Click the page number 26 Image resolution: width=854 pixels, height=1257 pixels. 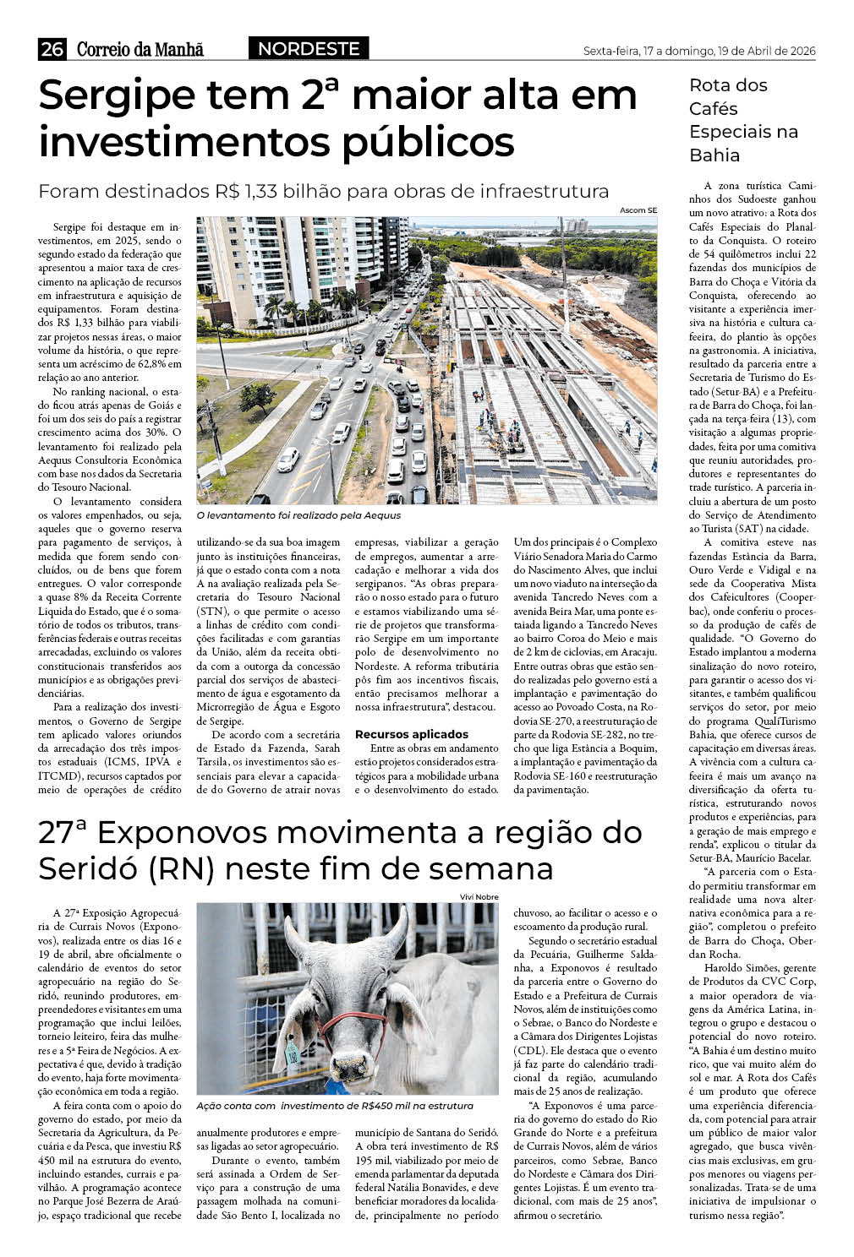point(52,50)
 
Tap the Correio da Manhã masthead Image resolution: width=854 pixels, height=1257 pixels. point(140,50)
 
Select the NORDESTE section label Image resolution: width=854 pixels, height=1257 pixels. point(309,49)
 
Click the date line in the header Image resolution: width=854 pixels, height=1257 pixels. point(699,51)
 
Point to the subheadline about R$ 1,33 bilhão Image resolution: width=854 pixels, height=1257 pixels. point(323,191)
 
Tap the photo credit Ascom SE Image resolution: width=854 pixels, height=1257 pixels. point(638,209)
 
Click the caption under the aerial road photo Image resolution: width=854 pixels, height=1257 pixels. point(298,514)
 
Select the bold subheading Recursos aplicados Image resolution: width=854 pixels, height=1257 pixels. point(411,734)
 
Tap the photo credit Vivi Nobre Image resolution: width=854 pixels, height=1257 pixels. point(479,896)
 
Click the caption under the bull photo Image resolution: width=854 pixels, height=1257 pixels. point(334,1105)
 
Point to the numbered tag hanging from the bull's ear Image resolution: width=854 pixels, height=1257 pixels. point(291,1053)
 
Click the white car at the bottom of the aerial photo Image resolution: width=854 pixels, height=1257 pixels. point(287,459)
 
